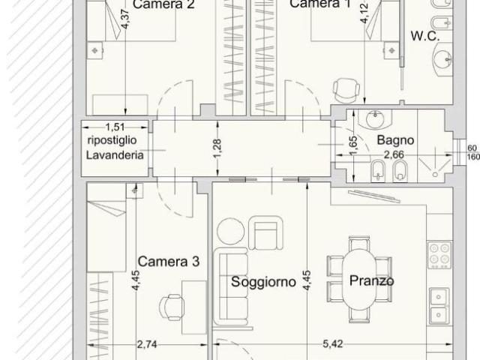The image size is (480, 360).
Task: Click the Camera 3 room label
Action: coord(168,262)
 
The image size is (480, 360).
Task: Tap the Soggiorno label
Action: coord(263,282)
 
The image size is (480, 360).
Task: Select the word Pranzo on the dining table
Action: coord(372,280)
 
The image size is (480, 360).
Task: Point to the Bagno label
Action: coord(395,140)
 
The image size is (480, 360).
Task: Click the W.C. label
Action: coord(425,36)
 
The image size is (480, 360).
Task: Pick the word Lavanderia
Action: coord(115,155)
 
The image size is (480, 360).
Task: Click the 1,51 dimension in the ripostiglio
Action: coord(115,127)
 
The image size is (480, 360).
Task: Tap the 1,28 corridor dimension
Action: coord(217,148)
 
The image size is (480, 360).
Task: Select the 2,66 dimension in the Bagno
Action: coord(394,155)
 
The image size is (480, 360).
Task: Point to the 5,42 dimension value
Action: coord(333,344)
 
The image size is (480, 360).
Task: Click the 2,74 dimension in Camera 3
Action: coord(147,345)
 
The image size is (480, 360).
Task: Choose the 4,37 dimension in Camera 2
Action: coord(125,19)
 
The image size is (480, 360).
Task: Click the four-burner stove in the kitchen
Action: coord(439,255)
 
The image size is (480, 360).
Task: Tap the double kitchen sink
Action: coord(439,306)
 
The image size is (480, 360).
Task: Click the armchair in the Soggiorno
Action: coord(265,232)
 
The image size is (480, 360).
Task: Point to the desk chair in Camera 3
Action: coord(172,307)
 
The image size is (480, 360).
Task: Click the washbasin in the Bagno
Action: coord(375,119)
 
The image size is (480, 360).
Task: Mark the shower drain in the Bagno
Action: coord(435,175)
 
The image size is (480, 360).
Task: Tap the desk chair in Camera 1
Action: coord(346,90)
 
